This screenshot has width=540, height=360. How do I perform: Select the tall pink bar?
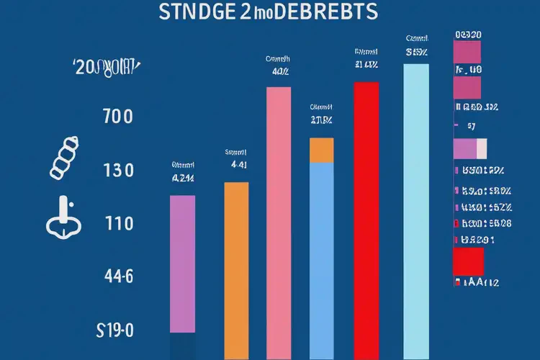279,216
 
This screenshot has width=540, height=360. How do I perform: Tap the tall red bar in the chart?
366,216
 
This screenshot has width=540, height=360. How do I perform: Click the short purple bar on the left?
181,263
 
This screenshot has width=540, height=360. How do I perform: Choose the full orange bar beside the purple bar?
236,266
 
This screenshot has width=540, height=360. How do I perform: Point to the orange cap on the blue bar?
322,150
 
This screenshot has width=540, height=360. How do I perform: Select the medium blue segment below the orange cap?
322,252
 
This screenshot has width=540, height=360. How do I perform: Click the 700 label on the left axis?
118,117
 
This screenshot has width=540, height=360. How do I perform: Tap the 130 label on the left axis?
118,171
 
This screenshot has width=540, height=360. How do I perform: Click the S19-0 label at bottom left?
115,331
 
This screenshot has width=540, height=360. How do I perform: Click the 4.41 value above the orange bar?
239,164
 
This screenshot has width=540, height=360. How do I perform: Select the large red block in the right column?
468,261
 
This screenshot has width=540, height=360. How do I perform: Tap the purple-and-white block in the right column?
470,148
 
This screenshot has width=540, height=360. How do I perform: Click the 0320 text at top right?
469,34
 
